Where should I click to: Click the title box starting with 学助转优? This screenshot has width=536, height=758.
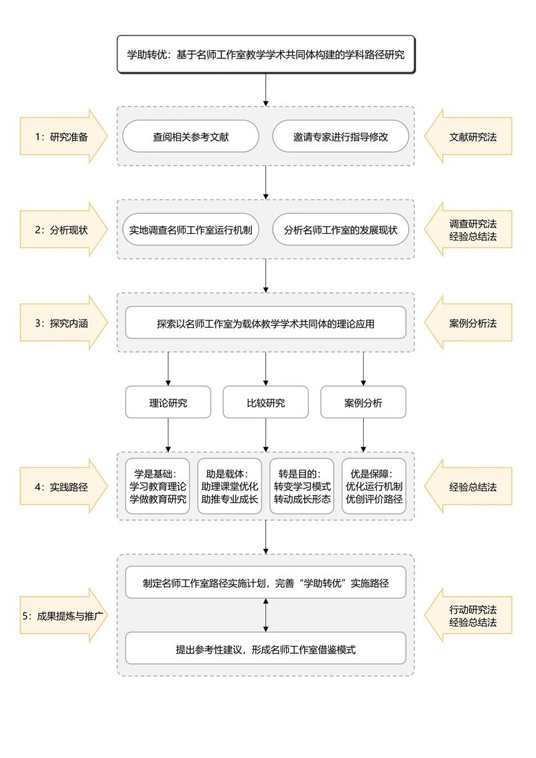266,54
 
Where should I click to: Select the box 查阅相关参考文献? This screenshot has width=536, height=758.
190,137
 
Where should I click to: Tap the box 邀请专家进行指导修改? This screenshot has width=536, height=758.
340,137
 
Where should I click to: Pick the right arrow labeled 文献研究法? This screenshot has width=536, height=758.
471,137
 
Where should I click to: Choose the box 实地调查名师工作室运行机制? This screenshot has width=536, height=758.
190,230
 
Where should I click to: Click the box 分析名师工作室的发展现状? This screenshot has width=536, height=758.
340,230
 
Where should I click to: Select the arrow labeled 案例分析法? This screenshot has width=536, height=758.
471,323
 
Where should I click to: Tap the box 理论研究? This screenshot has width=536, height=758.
168,403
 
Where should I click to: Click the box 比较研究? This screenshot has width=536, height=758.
266,403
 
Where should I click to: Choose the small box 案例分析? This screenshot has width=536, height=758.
363,403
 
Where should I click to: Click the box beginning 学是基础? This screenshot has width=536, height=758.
157,486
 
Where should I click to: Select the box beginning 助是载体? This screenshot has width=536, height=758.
230,486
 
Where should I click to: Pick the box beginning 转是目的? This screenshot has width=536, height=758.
302,486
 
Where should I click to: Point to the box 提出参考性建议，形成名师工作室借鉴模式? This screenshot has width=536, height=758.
266,649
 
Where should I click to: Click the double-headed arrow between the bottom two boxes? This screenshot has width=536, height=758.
266,615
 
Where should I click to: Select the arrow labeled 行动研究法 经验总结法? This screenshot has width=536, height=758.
471,615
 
